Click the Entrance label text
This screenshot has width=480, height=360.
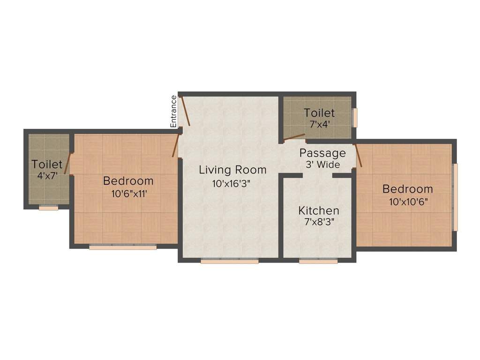pyautogui.click(x=173, y=111)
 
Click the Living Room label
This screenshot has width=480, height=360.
pyautogui.click(x=232, y=170)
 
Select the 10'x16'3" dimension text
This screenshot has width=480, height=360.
pyautogui.click(x=232, y=184)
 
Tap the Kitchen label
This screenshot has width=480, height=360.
pyautogui.click(x=319, y=210)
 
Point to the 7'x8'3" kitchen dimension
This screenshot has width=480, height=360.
pyautogui.click(x=319, y=223)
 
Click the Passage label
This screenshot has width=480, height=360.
pyautogui.click(x=322, y=153)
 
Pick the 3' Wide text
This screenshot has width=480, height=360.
pyautogui.click(x=322, y=165)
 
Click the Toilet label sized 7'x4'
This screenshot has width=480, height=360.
pyautogui.click(x=319, y=113)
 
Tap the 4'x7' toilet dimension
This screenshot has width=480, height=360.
pyautogui.click(x=47, y=176)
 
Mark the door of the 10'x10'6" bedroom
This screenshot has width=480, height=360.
pyautogui.click(x=359, y=156)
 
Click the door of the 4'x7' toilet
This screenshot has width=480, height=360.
pyautogui.click(x=67, y=163)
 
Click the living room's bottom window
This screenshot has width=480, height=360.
pyautogui.click(x=229, y=262)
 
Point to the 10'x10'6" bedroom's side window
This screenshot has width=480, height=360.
pyautogui.click(x=455, y=197)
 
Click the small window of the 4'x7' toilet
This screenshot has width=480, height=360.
pyautogui.click(x=48, y=208)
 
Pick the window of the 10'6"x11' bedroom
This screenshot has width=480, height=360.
pyautogui.click(x=123, y=247)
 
